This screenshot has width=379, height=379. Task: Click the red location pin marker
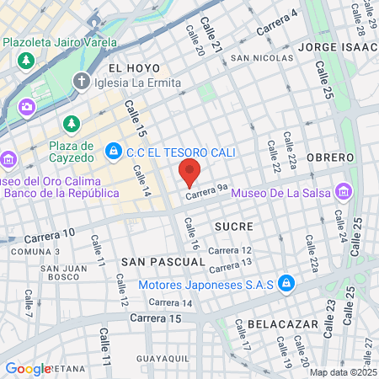[189, 173]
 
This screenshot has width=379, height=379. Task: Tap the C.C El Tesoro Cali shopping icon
[112, 151]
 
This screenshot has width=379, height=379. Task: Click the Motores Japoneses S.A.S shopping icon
[286, 283]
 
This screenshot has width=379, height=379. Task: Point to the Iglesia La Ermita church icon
[81, 81]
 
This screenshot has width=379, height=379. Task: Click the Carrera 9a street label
[207, 194]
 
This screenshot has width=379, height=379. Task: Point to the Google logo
[28, 368]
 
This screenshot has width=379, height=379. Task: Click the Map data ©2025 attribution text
[343, 372]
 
